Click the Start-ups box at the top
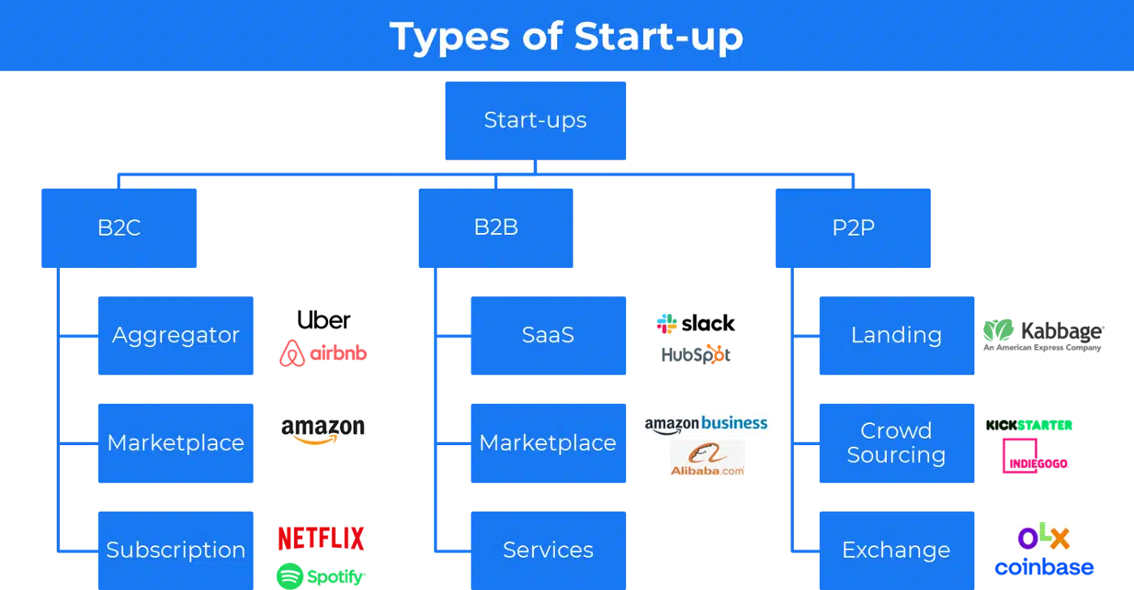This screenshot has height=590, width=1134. tap(535, 121)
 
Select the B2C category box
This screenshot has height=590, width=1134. tap(119, 227)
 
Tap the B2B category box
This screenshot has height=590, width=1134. tap(496, 227)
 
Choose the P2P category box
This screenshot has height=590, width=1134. tap(853, 227)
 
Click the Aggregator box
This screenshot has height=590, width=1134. tap(176, 336)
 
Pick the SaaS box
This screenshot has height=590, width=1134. tap(548, 336)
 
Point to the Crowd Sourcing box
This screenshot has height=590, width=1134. tap(897, 443)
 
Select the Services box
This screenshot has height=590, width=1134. tap(548, 550)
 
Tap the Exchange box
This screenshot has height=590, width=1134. tap(897, 550)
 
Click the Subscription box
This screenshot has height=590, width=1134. tap(176, 550)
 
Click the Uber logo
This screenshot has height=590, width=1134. tap(323, 320)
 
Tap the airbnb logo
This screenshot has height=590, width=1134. tap(323, 353)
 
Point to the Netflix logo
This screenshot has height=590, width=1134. tap(321, 538)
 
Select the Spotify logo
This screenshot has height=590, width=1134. tap(321, 576)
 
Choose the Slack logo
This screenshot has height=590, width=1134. tap(696, 324)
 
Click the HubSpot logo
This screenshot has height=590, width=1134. tap(696, 354)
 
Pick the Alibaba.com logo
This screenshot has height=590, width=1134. tap(707, 458)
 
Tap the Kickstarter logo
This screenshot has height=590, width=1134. tap(1030, 425)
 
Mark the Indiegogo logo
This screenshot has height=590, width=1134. tap(1035, 456)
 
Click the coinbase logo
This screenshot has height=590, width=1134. tap(1044, 567)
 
